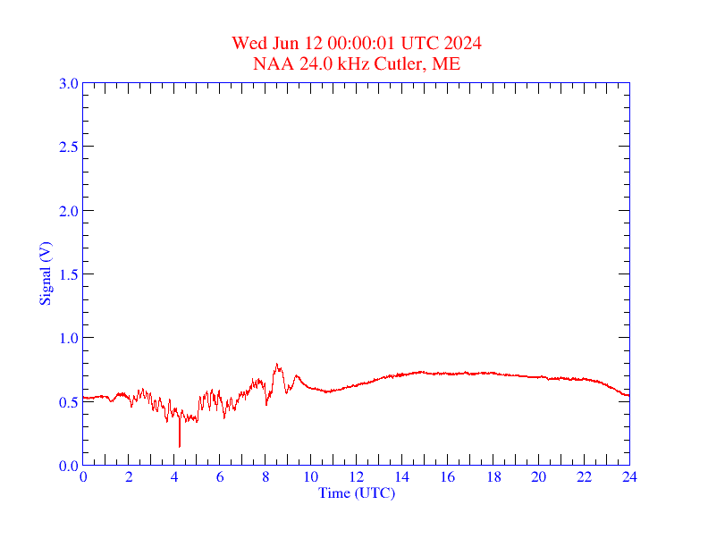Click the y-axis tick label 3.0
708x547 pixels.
tap(68, 84)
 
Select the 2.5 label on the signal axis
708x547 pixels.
tap(68, 147)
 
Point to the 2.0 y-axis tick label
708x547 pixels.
tap(68, 211)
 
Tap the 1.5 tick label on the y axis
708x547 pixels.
tap(68, 274)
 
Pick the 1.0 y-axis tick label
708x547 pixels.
tap(68, 338)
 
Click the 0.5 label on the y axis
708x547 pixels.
tap(68, 402)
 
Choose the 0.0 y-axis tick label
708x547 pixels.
tap(68, 466)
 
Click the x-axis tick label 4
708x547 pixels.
tap(174, 477)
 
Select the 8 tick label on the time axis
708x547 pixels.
tap(265, 477)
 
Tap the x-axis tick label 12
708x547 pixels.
tap(357, 477)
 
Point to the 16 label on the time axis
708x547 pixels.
tap(448, 477)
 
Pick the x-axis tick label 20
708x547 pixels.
tap(539, 477)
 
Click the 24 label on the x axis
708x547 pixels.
tap(629, 477)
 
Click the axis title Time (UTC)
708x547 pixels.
tap(357, 492)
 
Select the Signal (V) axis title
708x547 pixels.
tap(46, 273)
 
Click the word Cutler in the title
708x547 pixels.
tap(400, 63)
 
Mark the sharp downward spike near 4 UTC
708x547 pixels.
tap(180, 444)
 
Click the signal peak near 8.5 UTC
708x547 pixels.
tap(277, 365)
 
